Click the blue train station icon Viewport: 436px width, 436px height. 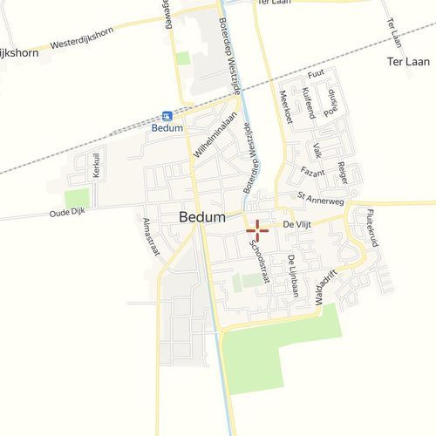[167, 116]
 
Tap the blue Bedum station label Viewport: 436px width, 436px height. [167, 128]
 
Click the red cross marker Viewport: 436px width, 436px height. [258, 230]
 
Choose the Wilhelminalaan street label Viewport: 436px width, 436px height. [208, 140]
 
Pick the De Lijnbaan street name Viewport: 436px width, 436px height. [292, 276]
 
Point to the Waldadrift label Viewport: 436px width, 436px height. [325, 284]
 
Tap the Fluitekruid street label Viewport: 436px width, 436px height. [372, 228]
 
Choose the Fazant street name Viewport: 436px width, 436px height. [312, 172]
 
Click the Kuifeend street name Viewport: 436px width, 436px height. [308, 103]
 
